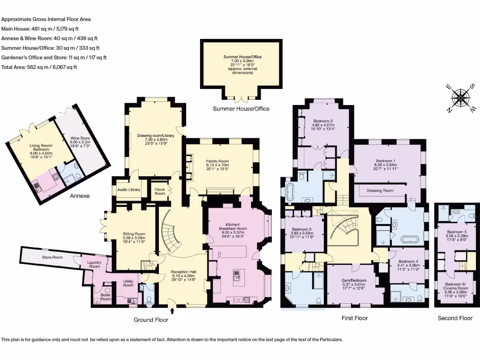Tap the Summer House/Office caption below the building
pyautogui.click(x=241, y=109)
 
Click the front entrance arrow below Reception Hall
pyautogui.click(x=172, y=311)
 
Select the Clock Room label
pyautogui.click(x=160, y=191)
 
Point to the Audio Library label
pyautogui.click(x=128, y=190)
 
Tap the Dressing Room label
pyautogui.click(x=380, y=190)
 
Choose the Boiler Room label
pyautogui.click(x=106, y=297)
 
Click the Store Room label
pyautogui.click(x=52, y=257)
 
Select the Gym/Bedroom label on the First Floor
pyautogui.click(x=354, y=280)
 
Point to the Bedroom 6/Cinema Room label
pyautogui.click(x=456, y=286)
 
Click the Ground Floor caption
pyautogui.click(x=151, y=320)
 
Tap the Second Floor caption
pyautogui.click(x=455, y=318)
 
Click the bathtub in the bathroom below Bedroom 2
pyautogui.click(x=289, y=192)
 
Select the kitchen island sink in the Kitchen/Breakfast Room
pyautogui.click(x=237, y=276)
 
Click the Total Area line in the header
pyautogui.click(x=39, y=67)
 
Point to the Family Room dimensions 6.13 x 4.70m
pyautogui.click(x=217, y=165)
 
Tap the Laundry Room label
pyautogui.click(x=94, y=264)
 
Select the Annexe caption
pyautogui.click(x=80, y=196)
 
